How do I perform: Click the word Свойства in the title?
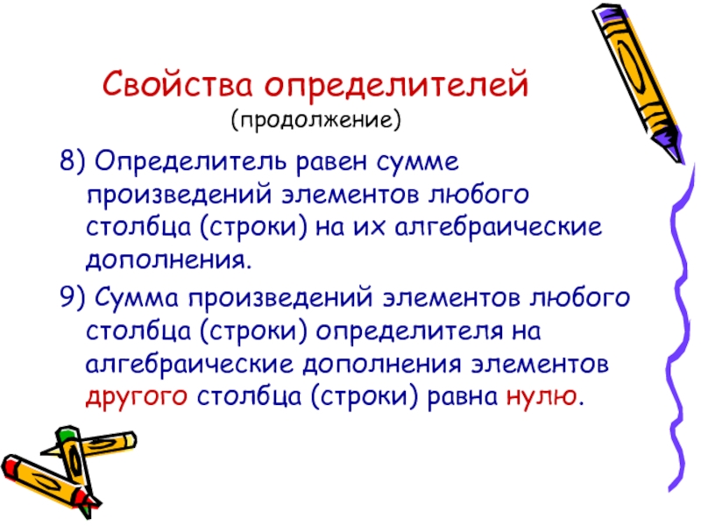tap(178, 84)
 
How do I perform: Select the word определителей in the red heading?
tap(397, 85)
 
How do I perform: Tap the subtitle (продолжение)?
tap(316, 119)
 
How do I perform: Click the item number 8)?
tap(72, 160)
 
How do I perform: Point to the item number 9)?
tap(72, 296)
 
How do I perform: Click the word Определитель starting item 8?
tap(190, 162)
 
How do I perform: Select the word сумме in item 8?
tap(418, 163)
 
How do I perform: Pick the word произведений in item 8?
tap(180, 195)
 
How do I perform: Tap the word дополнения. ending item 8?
tap(169, 260)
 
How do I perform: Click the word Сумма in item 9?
tap(137, 297)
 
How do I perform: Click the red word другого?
tap(137, 398)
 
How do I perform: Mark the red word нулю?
tap(542, 397)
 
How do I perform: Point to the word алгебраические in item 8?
tap(499, 228)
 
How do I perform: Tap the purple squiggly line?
tap(681, 326)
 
